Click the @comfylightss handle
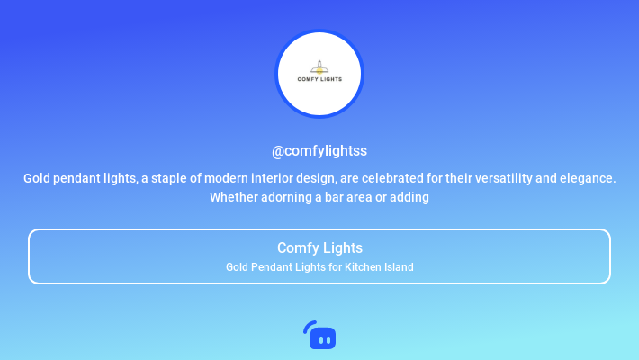click(x=319, y=151)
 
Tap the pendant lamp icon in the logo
click(x=319, y=67)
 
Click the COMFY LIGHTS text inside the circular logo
click(x=319, y=79)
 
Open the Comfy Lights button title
click(x=319, y=247)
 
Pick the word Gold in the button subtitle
click(x=237, y=267)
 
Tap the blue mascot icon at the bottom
click(x=319, y=336)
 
